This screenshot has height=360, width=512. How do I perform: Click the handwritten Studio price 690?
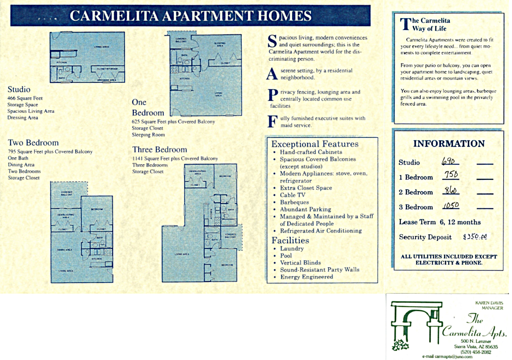click(449, 162)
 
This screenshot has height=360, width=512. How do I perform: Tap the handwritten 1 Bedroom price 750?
click(451, 175)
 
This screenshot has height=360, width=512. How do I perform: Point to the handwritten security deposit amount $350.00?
click(475, 237)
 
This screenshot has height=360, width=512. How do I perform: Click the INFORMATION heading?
click(449, 144)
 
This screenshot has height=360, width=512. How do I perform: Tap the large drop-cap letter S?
click(272, 41)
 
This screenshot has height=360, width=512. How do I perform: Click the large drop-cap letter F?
click(272, 122)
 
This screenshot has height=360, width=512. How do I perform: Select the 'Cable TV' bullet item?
click(292, 195)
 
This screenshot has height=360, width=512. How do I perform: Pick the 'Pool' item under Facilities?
click(286, 256)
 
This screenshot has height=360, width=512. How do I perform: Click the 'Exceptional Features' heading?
click(315, 144)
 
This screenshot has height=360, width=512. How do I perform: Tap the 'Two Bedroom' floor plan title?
click(33, 143)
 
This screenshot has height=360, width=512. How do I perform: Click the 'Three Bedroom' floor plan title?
click(159, 150)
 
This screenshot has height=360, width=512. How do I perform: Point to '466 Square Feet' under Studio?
click(25, 98)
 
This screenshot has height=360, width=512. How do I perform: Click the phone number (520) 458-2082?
click(476, 352)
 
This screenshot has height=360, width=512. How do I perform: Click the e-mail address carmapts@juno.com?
click(447, 357)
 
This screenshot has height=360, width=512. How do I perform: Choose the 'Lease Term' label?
click(417, 222)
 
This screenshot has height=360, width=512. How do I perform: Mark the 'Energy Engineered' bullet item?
click(306, 277)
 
